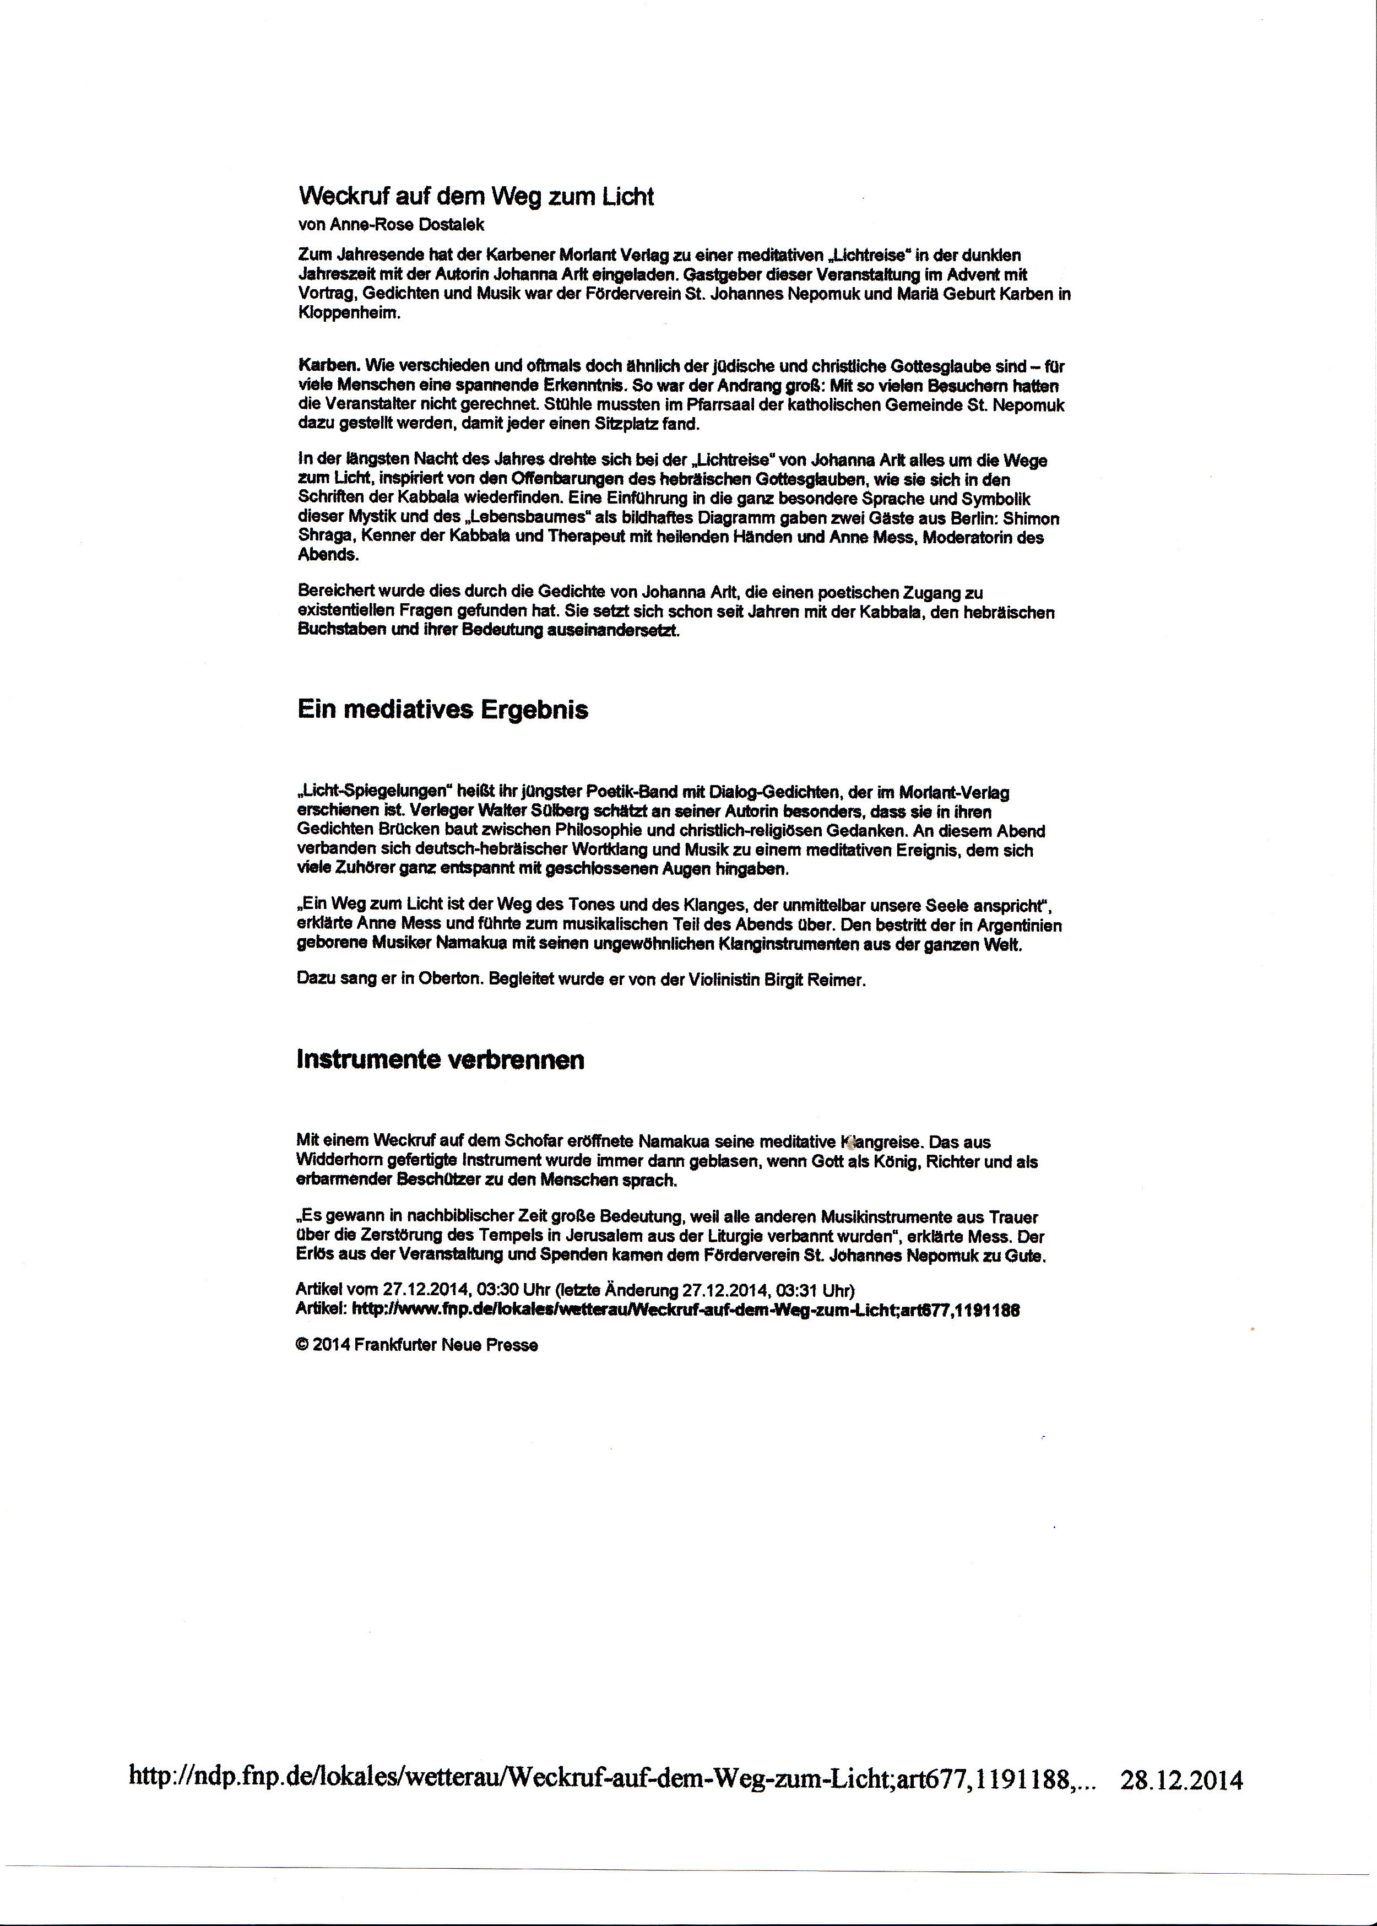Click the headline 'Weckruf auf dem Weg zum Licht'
tap(476, 197)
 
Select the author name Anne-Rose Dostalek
tap(392, 225)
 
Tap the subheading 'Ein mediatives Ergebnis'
tap(443, 710)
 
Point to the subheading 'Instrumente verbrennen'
tap(440, 1060)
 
